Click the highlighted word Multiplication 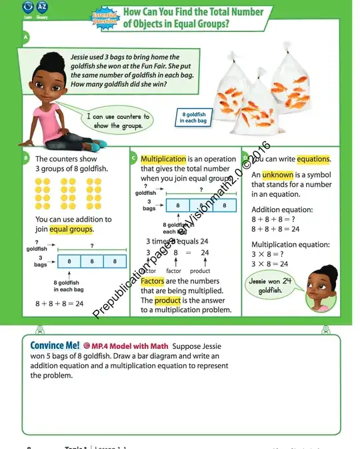pyautogui.click(x=163, y=159)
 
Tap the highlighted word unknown pyautogui.click(x=273, y=175)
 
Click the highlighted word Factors pyautogui.click(x=152, y=282)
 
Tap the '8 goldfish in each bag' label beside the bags pyautogui.click(x=193, y=117)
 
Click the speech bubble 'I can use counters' pyautogui.click(x=118, y=121)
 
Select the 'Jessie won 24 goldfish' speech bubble pyautogui.click(x=271, y=286)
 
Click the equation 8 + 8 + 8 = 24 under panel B pyautogui.click(x=59, y=303)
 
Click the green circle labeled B pyautogui.click(x=25, y=158)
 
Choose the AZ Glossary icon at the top pyautogui.click(x=43, y=8)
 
